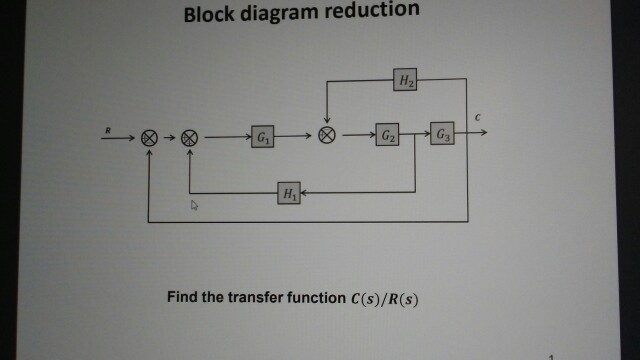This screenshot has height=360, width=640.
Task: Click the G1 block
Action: coord(263,138)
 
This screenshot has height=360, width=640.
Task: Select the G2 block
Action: coord(387,136)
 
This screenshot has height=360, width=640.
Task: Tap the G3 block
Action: coord(442,136)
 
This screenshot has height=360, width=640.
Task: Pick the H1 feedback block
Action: coord(289,193)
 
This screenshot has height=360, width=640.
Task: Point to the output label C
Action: coord(478,118)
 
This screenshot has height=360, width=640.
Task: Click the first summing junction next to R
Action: coord(149,138)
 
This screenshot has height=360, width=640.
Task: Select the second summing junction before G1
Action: coord(190,138)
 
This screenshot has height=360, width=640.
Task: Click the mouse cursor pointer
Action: coord(195,204)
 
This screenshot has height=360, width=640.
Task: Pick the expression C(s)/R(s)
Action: coord(380,298)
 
